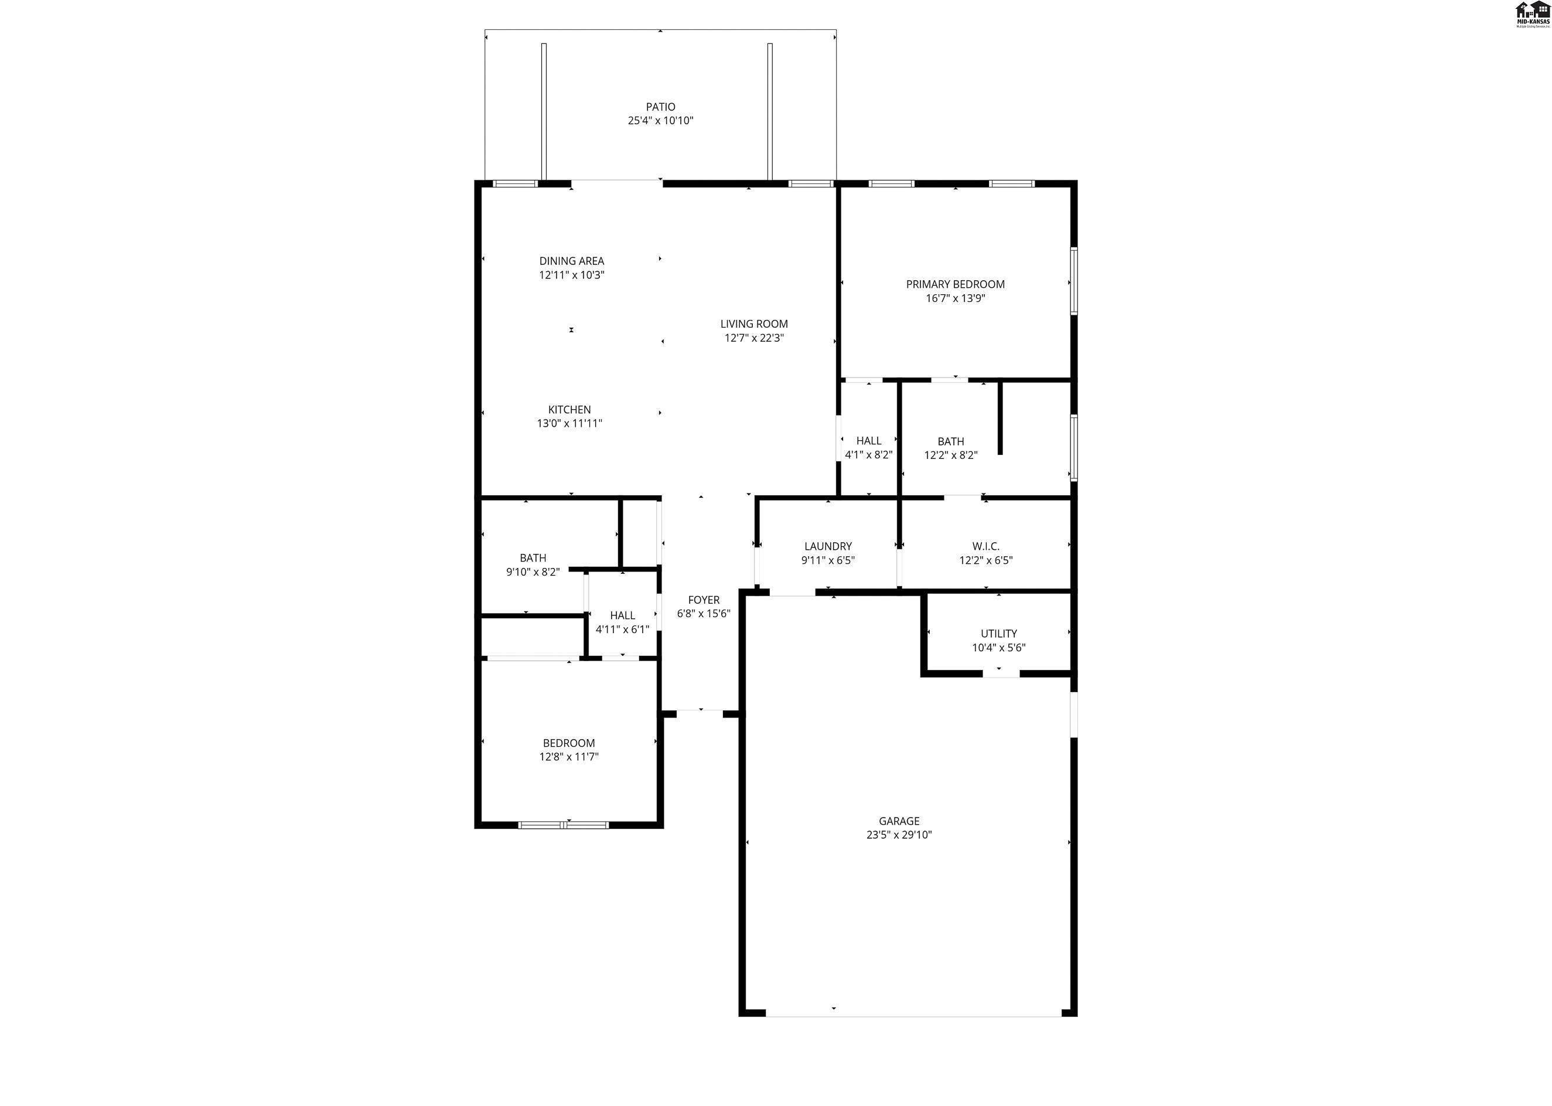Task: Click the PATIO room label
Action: (x=660, y=107)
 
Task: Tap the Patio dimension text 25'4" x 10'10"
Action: (x=660, y=121)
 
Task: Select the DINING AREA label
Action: (x=572, y=261)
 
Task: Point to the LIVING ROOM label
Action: (x=754, y=324)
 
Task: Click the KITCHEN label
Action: (x=569, y=409)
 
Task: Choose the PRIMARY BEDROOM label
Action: (x=955, y=284)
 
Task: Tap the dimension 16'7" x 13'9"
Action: (x=955, y=298)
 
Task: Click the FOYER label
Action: (x=704, y=600)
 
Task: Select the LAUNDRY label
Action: (x=828, y=546)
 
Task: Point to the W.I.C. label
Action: (x=985, y=546)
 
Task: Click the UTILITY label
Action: (x=998, y=634)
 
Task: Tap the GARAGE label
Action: (x=899, y=821)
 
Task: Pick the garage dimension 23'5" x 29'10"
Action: (x=899, y=835)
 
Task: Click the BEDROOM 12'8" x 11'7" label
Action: (x=569, y=743)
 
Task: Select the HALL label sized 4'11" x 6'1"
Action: (x=623, y=615)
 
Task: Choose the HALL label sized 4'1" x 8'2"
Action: (x=869, y=441)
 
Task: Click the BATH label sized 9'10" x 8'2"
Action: (x=533, y=558)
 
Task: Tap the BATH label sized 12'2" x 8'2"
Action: (x=951, y=441)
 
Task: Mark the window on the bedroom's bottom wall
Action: (x=564, y=825)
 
